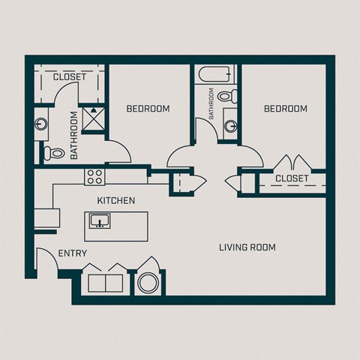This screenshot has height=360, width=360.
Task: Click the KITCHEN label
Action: coord(116,201)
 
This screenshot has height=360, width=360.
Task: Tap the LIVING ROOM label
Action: coord(247,247)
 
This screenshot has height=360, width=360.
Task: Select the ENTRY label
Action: coord(73,254)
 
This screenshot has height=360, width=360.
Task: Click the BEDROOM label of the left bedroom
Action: coord(148,109)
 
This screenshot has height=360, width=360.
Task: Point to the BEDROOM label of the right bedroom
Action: coord(286,109)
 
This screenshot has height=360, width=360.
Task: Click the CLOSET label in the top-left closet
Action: coord(70,77)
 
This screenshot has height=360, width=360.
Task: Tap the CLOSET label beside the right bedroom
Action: coord(292,178)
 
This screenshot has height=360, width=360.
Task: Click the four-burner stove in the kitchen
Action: coord(94,177)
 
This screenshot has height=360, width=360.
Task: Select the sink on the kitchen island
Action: coord(99,221)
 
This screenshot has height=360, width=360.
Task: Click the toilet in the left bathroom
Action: coord(52,153)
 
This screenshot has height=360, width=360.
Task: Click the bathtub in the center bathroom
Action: coord(214,76)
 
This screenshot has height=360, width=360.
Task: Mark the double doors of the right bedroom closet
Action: coord(292,163)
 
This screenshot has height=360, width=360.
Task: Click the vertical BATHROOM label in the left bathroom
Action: coord(74,134)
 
